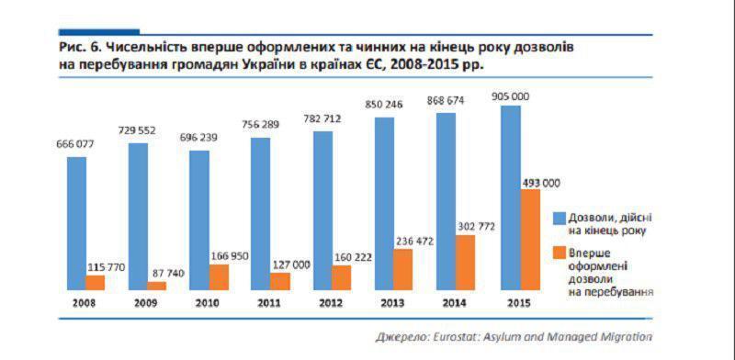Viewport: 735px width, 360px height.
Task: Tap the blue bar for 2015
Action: (511, 197)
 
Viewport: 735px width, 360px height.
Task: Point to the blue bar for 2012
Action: (322, 210)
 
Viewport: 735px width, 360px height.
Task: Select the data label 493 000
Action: (541, 182)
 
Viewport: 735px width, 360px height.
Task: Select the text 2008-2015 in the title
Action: (435, 65)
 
